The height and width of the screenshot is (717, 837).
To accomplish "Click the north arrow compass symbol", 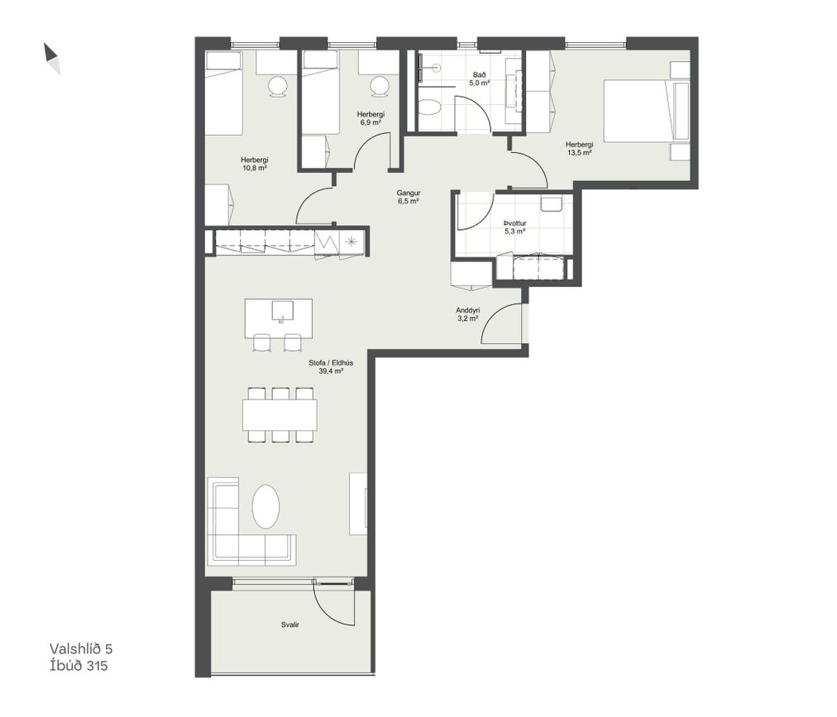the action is tap(52, 58).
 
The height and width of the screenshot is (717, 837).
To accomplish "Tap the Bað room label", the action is tap(479, 74).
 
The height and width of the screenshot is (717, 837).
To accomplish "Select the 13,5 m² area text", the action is tap(579, 153).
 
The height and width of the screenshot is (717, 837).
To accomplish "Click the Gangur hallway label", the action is tap(409, 194).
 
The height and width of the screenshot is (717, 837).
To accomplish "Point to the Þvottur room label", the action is tap(515, 223).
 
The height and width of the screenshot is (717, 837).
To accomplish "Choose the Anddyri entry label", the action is tap(467, 309).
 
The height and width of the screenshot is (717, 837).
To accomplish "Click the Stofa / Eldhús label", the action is tap(331, 363).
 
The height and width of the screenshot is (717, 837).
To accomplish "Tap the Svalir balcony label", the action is tap(289, 624).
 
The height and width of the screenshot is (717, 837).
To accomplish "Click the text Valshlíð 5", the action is tap(81, 648).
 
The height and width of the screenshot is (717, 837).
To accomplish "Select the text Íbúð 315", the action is tap(79, 666).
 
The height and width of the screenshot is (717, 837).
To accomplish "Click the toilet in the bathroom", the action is tap(428, 108).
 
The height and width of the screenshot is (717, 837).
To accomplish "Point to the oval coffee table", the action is tap(265, 507).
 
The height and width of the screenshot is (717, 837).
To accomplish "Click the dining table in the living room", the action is tap(280, 415).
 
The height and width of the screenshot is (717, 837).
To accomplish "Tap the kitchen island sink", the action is tap(282, 311).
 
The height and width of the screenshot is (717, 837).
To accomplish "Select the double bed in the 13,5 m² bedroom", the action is tap(646, 111).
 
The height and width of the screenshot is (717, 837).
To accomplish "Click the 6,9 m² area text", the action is tap(371, 122).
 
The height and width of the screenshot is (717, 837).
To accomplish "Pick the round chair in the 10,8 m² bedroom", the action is tap(278, 87).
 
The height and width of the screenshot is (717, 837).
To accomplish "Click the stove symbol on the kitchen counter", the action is tap(351, 241).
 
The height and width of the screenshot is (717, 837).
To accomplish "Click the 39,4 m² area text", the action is tap(331, 371).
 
